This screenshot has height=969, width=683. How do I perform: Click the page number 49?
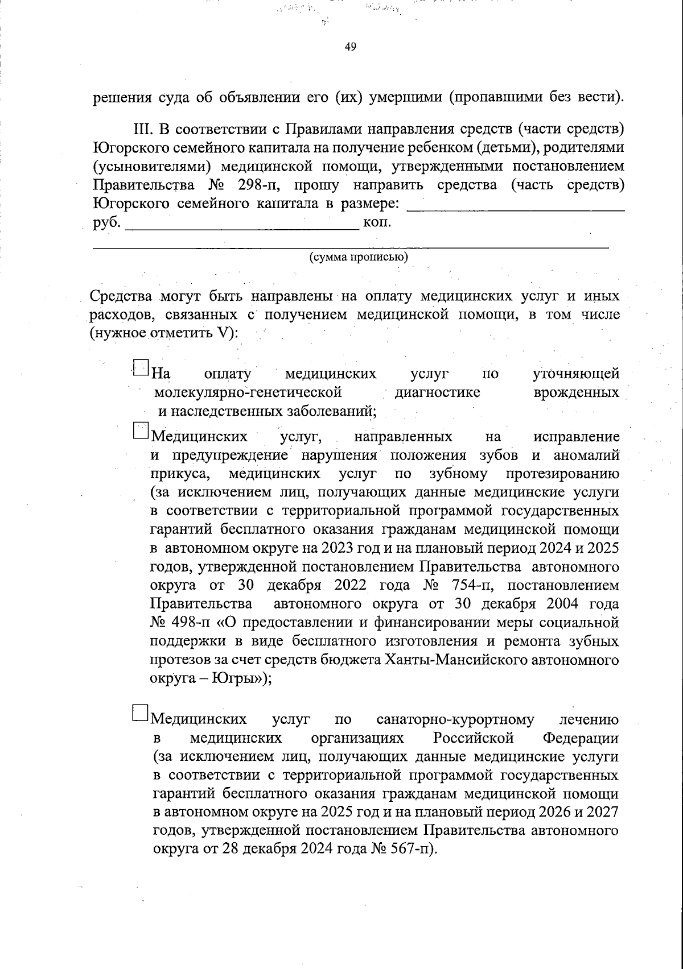pyautogui.click(x=351, y=47)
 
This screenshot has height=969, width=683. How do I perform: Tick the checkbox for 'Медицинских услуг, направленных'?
pyautogui.click(x=140, y=430)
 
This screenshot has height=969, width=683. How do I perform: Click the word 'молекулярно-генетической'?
pyautogui.click(x=248, y=393)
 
